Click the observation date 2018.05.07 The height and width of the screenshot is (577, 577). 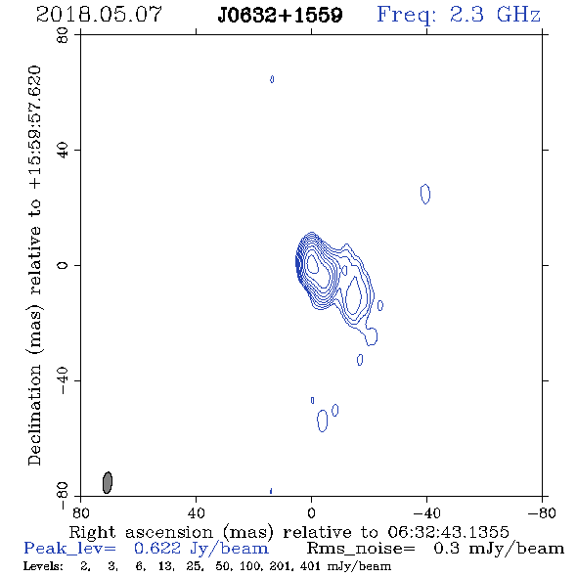pyautogui.click(x=100, y=15)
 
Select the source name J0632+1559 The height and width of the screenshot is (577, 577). pyautogui.click(x=280, y=16)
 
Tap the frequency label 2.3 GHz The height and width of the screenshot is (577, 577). pyautogui.click(x=495, y=15)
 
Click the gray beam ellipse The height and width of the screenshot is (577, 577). pyautogui.click(x=107, y=482)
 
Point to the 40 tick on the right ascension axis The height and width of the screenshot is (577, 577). pyautogui.click(x=196, y=513)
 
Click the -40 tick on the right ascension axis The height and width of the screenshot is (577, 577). pyautogui.click(x=426, y=513)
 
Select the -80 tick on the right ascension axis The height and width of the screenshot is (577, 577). pyautogui.click(x=542, y=513)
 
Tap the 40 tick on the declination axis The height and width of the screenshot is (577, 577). pyautogui.click(x=63, y=151)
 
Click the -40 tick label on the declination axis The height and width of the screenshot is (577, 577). pyautogui.click(x=63, y=380)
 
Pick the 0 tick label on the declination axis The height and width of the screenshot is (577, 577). pyautogui.click(x=63, y=265)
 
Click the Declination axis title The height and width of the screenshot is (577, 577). pyautogui.click(x=34, y=265)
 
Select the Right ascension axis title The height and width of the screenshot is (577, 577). pyautogui.click(x=288, y=532)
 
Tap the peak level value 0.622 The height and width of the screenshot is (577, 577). pyautogui.click(x=157, y=549)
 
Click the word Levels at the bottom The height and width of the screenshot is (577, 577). pyautogui.click(x=43, y=565)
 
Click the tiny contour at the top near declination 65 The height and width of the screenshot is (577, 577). pyautogui.click(x=272, y=79)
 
